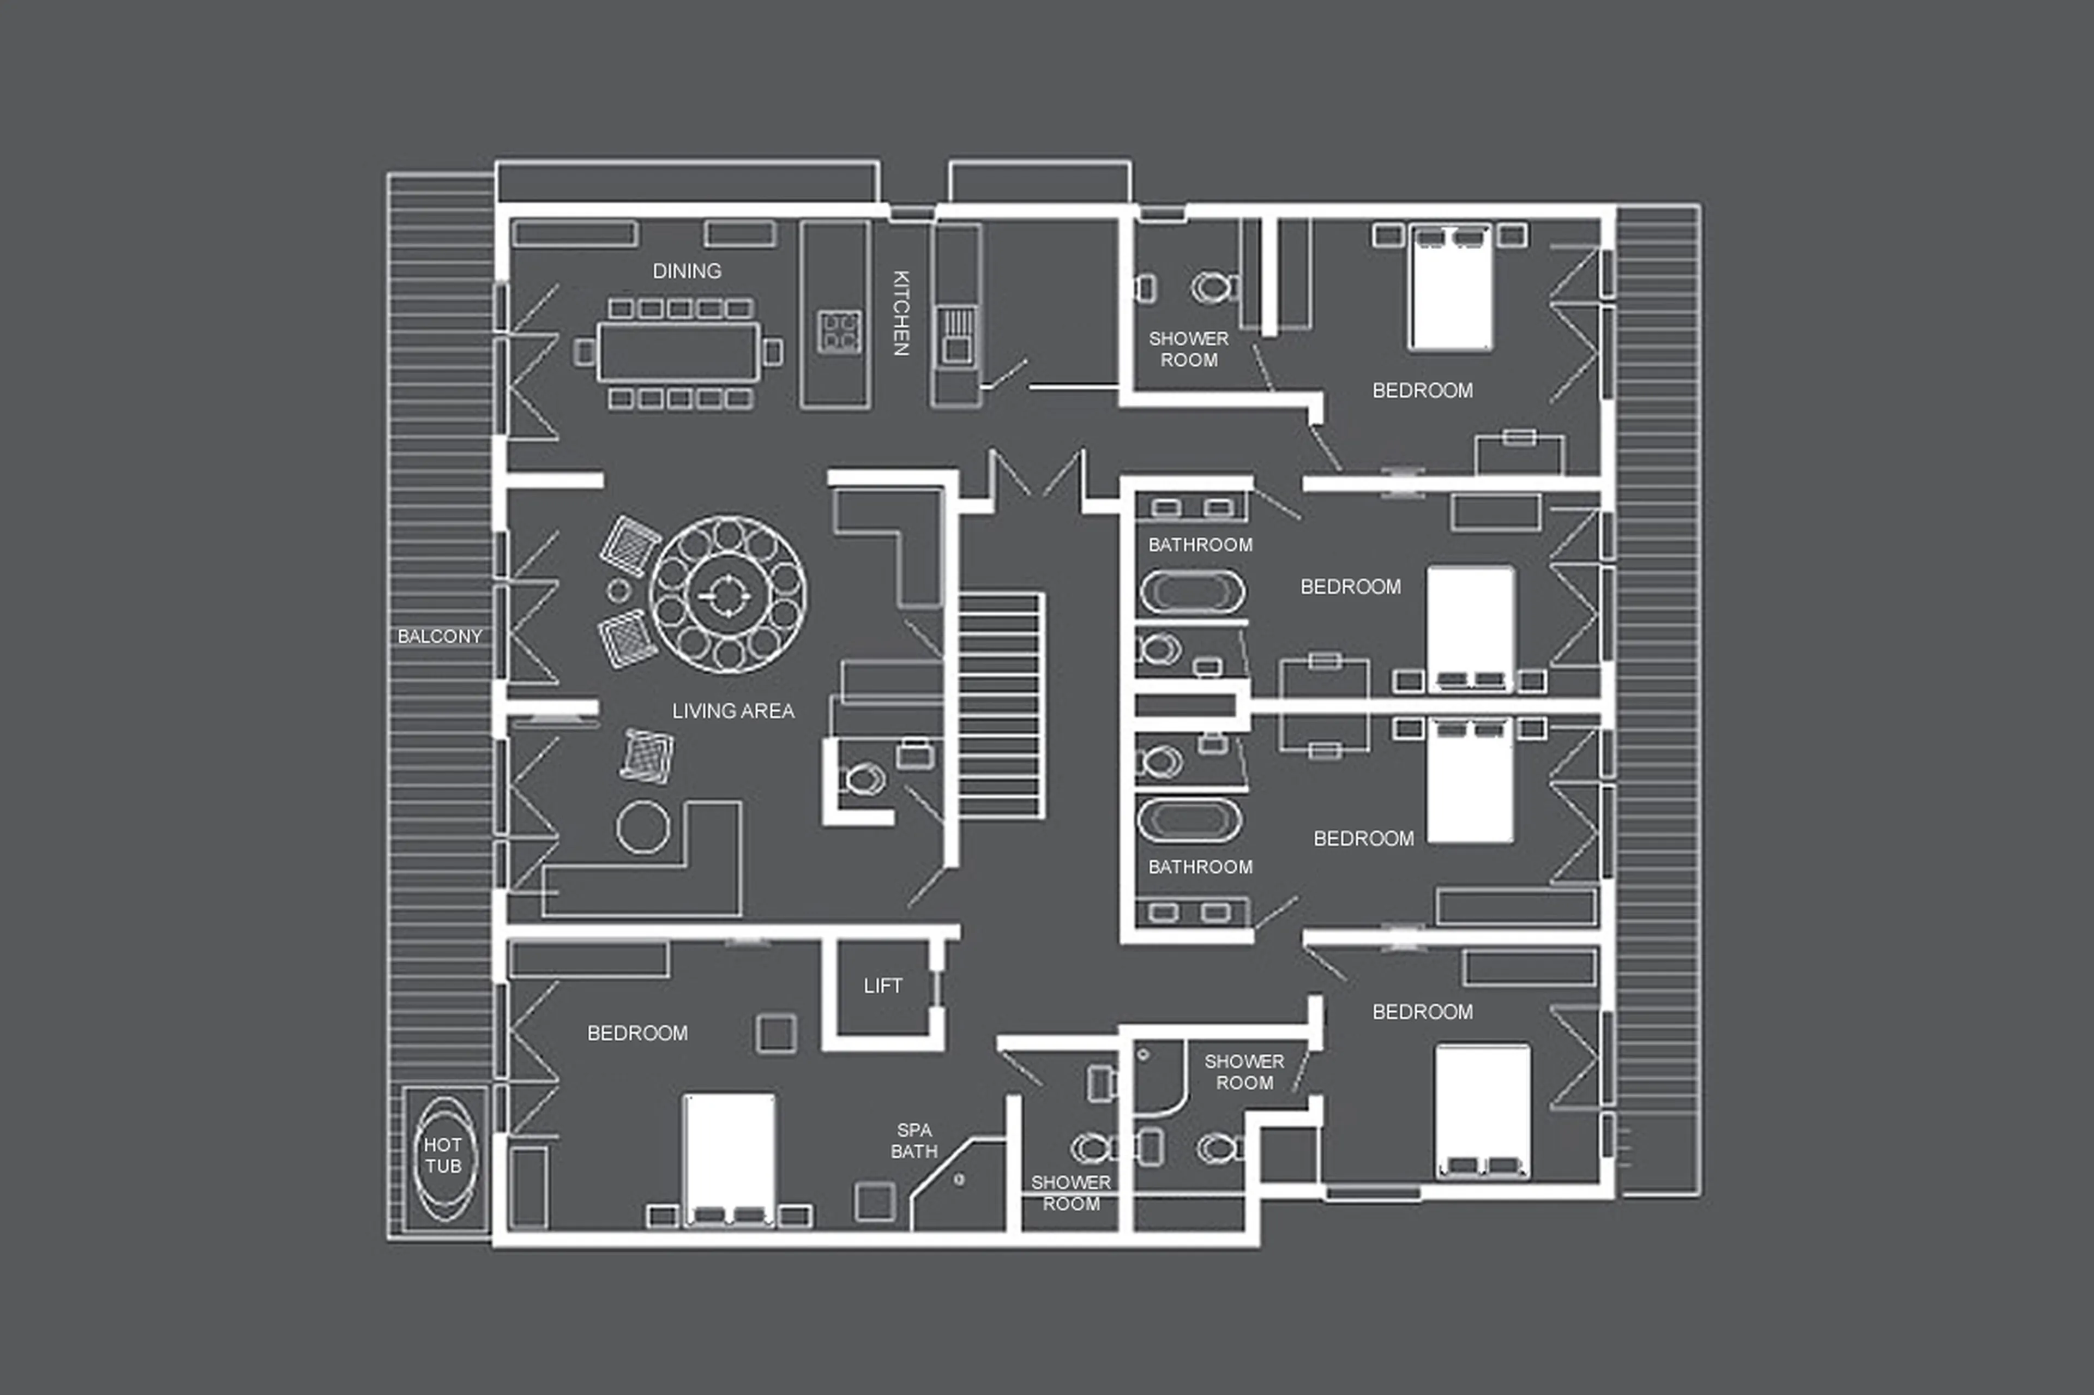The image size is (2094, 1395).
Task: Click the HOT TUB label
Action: pyautogui.click(x=442, y=1155)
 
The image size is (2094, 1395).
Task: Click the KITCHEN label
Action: pyautogui.click(x=901, y=313)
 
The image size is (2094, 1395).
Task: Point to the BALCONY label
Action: pyautogui.click(x=439, y=636)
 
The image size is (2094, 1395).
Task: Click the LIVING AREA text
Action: pyautogui.click(x=732, y=711)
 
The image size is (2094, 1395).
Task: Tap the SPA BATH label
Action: pyautogui.click(x=914, y=1140)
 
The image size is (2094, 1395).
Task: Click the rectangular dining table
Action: pyautogui.click(x=679, y=352)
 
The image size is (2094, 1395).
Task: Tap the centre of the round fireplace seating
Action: pyautogui.click(x=728, y=594)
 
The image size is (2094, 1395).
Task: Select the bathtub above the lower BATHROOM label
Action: pyautogui.click(x=1189, y=820)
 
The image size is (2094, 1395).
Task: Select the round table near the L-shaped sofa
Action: pyautogui.click(x=642, y=826)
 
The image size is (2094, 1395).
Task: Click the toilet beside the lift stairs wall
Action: pyautogui.click(x=862, y=780)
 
